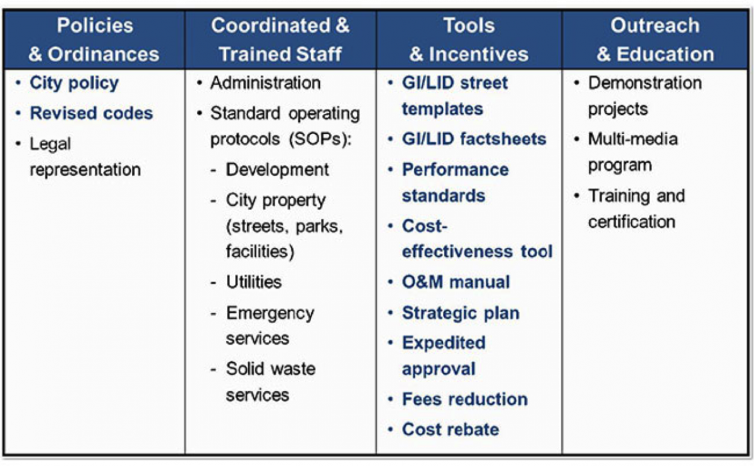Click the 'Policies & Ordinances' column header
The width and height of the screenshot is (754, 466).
click(94, 40)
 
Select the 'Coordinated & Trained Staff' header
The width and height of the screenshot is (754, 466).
click(280, 40)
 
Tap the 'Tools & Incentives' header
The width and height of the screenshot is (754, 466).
click(469, 40)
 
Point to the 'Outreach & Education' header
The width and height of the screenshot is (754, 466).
click(655, 40)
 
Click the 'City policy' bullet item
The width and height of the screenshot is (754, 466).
click(74, 83)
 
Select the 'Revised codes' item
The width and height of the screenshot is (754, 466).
click(91, 113)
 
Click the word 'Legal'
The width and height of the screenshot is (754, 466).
click(50, 144)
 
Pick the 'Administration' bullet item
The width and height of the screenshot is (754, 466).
click(265, 83)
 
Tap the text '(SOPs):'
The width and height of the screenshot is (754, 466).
click(320, 139)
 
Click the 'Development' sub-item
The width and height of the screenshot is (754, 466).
click(277, 170)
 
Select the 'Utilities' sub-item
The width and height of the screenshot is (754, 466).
click(254, 282)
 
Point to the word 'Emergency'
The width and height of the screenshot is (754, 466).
click(270, 314)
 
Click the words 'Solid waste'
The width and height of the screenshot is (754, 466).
click(271, 369)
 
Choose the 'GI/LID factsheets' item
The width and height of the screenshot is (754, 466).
click(474, 139)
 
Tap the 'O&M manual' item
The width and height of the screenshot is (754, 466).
click(456, 282)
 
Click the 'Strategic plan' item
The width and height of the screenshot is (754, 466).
click(461, 313)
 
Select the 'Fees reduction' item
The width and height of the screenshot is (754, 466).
click(465, 399)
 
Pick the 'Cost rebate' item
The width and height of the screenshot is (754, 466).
click(451, 430)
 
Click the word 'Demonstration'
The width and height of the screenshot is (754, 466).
click(645, 83)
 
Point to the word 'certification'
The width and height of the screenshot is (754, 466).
click(632, 222)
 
